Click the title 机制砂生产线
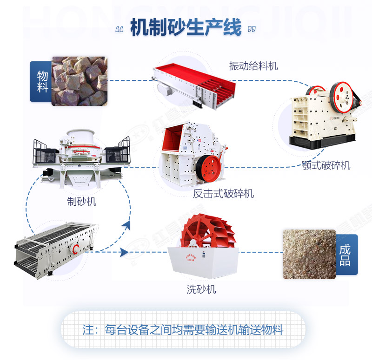pyautogui.click(x=186, y=28)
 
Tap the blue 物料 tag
pyautogui.click(x=41, y=81)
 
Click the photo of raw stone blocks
pyautogui.click(x=79, y=81)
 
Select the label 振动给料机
pyautogui.click(x=253, y=66)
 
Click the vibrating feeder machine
pyautogui.click(x=193, y=86)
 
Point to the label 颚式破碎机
pyautogui.click(x=325, y=165)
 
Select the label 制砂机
pyautogui.click(x=81, y=202)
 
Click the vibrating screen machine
pyautogui.click(x=53, y=246)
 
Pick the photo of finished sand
pyautogui.click(x=309, y=254)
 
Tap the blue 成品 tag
pyautogui.click(x=345, y=255)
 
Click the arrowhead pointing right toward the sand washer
pyautogui.click(x=124, y=252)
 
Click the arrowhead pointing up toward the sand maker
pyautogui.click(x=126, y=226)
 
